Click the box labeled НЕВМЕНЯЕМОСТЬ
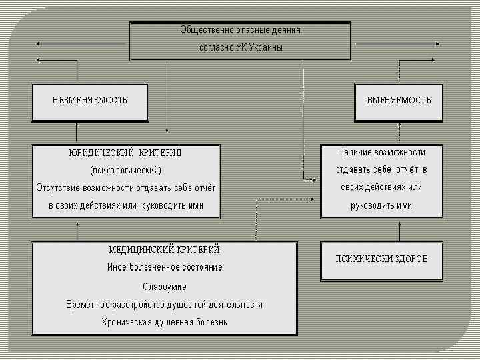pos(90,101)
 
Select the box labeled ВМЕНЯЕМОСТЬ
pos(399,101)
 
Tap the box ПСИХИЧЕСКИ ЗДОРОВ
pos(381,259)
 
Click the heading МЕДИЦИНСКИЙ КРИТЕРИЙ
pos(164,249)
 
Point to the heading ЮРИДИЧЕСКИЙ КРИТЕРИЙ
pos(125,152)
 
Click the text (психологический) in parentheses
pos(125,169)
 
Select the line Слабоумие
pos(164,286)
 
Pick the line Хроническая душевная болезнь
pos(164,322)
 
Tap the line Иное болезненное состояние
pos(164,267)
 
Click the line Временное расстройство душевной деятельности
pos(164,304)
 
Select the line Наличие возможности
pos(381,152)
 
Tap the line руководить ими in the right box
pos(381,205)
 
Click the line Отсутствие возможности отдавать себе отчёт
pos(125,187)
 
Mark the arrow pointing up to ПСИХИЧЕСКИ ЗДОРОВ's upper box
pos(399,230)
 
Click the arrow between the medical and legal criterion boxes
pos(78,229)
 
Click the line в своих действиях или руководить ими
pos(125,205)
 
